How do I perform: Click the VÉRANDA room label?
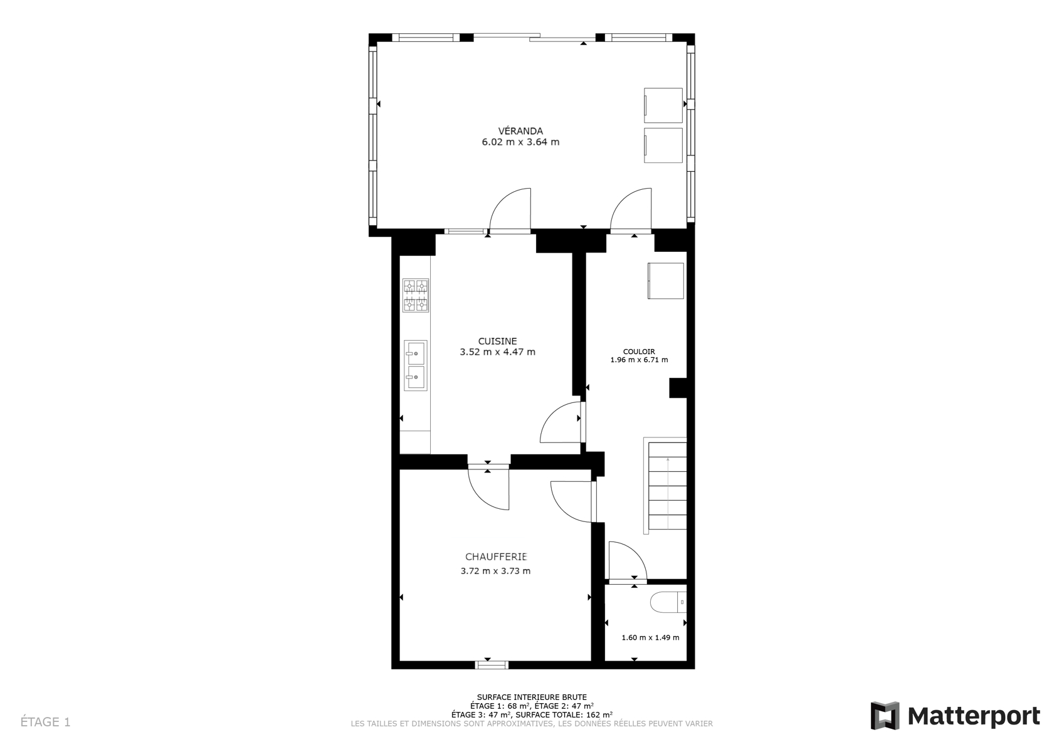tap(520, 131)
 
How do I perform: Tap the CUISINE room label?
tap(497, 341)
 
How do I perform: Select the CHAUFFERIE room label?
tap(496, 556)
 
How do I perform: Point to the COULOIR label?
tap(639, 352)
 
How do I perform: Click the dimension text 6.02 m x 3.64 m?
tap(520, 142)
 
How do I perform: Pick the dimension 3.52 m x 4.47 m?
tap(497, 352)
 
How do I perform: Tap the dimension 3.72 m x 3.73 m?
tap(495, 571)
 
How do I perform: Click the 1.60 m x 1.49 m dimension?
tap(650, 637)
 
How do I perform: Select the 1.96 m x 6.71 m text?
tap(639, 360)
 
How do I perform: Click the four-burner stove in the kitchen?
tap(416, 295)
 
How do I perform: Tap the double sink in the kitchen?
tap(416, 365)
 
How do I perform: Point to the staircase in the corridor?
tap(665, 486)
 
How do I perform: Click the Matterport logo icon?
tap(885, 716)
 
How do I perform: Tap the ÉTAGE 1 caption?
tap(45, 722)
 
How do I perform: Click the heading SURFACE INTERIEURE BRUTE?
tap(532, 697)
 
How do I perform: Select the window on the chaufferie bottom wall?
tap(492, 665)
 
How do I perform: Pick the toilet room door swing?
tap(628, 560)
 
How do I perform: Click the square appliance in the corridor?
tap(665, 281)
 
